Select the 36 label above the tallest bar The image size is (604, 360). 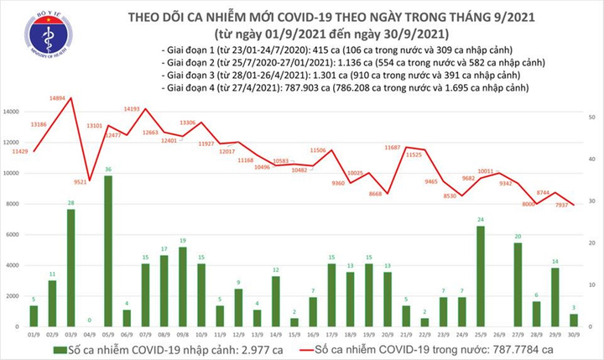click(108, 170)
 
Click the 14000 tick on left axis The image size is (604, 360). click(13, 112)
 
